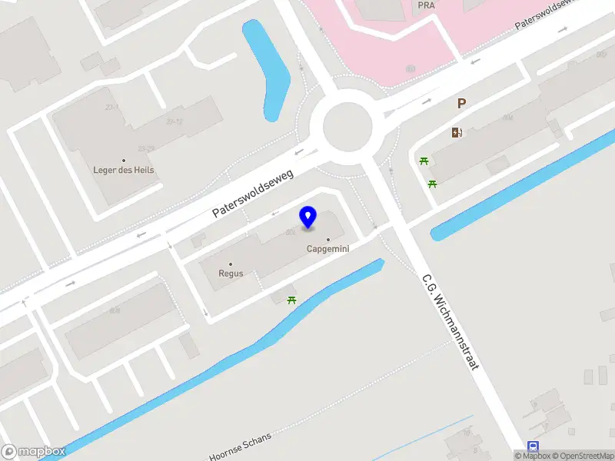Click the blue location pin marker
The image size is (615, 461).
click(308, 217)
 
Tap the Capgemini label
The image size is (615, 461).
click(329, 249)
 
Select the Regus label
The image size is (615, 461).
click(231, 274)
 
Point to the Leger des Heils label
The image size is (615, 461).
click(124, 171)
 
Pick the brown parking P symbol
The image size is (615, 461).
click(461, 104)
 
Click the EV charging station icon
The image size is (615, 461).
click(457, 132)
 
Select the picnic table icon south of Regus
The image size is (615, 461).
click(291, 299)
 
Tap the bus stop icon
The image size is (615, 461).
click(533, 446)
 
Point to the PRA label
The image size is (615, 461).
click(427, 5)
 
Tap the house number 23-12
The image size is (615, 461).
click(174, 121)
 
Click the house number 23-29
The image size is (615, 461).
click(146, 148)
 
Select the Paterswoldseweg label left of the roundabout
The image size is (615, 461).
click(254, 193)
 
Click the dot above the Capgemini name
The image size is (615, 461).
click(329, 239)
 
